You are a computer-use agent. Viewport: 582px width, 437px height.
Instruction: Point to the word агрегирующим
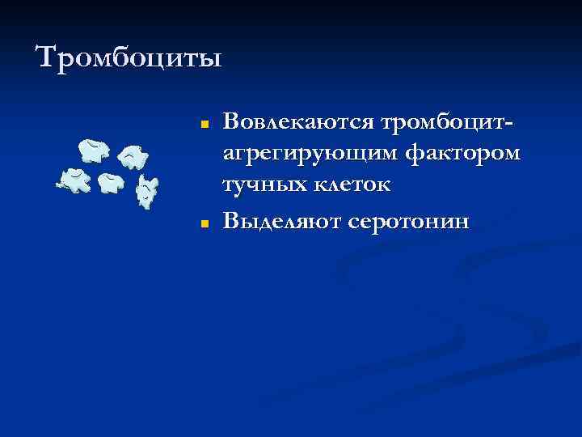[x=309, y=155]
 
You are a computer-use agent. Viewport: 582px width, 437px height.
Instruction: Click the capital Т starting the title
[x=48, y=58]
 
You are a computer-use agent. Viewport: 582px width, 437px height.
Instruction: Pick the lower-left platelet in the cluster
[x=74, y=179]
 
